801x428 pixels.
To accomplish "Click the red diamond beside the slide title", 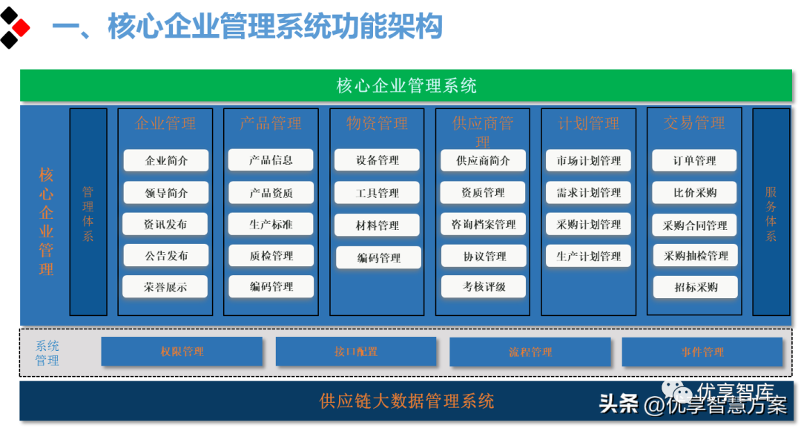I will (21, 28).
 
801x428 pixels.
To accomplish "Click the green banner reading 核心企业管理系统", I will (406, 85).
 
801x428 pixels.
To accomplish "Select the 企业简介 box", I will (166, 161).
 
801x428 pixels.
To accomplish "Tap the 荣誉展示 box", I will (166, 287).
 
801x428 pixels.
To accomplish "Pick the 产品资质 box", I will (271, 193).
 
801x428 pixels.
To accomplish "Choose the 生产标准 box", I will (271, 224).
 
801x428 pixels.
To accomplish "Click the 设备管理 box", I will (377, 160).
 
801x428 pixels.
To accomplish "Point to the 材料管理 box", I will (377, 225).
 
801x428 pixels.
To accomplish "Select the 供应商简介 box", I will (483, 161).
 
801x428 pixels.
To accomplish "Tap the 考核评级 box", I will (484, 286).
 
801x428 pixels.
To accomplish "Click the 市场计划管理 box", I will (589, 161).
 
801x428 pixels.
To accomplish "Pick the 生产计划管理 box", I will (589, 257).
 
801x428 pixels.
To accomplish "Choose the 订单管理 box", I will (695, 161).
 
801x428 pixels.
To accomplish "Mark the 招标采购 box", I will (696, 287).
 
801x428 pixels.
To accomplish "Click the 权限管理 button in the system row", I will (182, 352).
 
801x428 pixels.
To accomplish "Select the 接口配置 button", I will (356, 352).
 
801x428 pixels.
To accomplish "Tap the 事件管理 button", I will (702, 352).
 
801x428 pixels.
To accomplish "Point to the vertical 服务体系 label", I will (771, 213).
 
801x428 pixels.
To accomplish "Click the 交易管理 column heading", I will (694, 123).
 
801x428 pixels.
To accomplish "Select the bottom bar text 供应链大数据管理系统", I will (406, 401).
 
